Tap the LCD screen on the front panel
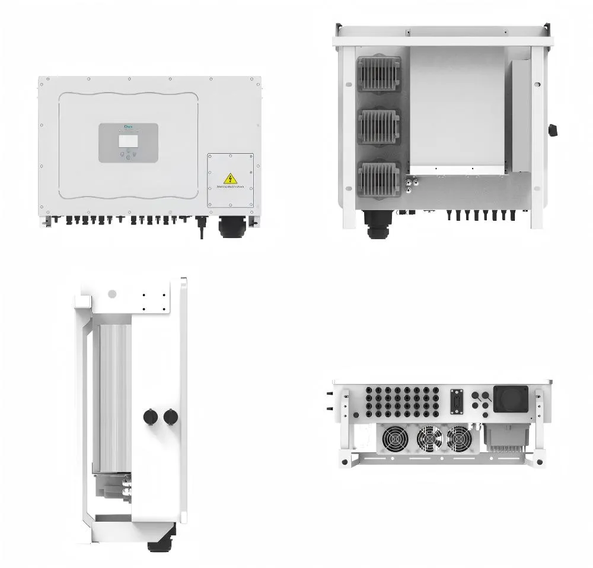tap(127, 140)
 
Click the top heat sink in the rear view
tap(379, 74)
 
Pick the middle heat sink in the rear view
tap(379, 126)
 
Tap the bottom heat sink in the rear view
tap(379, 177)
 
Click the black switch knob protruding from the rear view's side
tap(553, 129)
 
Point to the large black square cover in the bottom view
tap(510, 398)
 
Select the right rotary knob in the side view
tap(171, 417)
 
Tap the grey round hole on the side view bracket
tap(111, 294)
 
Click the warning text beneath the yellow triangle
tap(230, 187)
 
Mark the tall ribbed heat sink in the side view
tap(114, 392)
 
